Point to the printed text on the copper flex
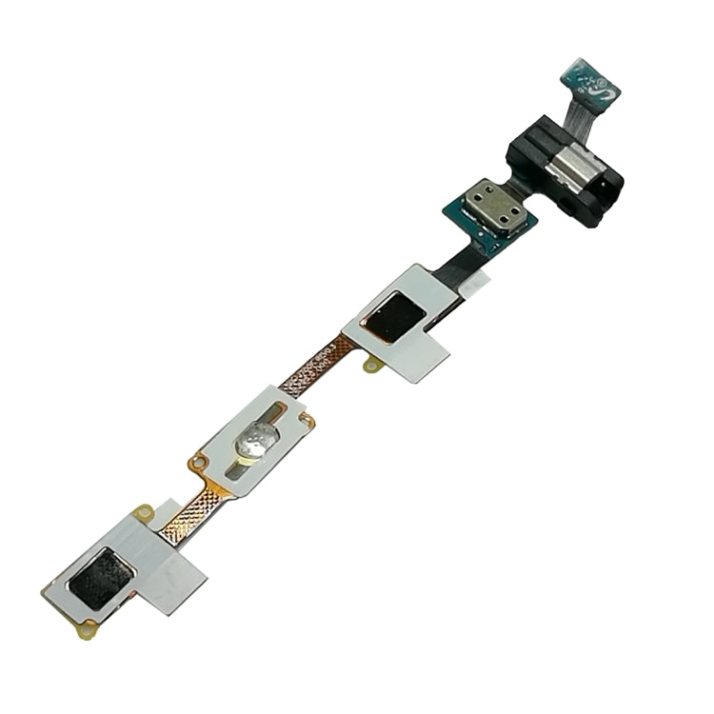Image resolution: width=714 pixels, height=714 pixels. tap(314, 367)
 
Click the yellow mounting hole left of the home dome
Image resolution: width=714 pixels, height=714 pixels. tap(199, 464)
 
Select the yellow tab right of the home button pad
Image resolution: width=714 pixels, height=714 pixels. tap(307, 419)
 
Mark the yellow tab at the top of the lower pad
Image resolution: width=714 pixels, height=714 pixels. tap(144, 514)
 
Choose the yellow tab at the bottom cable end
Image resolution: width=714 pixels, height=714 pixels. tap(89, 627)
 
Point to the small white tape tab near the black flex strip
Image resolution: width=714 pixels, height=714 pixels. tap(481, 278)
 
